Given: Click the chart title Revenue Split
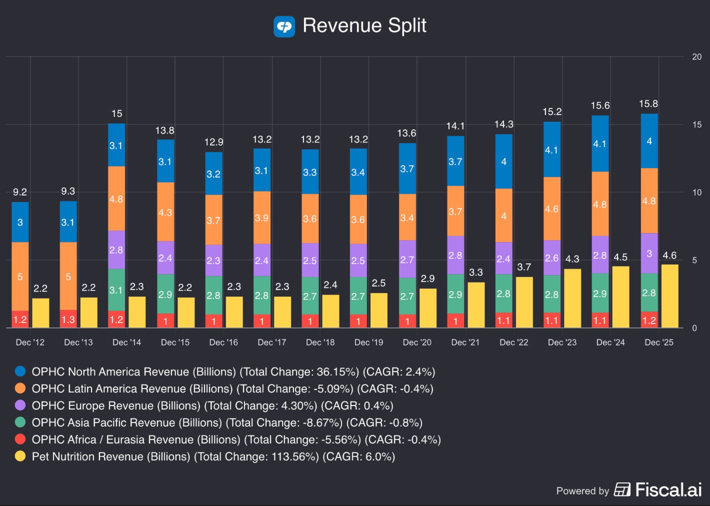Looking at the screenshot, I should [364, 25].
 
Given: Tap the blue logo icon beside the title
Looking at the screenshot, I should [284, 26].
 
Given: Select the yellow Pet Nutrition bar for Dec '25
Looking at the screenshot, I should [669, 296].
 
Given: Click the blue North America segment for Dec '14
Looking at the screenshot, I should [116, 145].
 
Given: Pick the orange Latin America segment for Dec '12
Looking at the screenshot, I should [20, 276].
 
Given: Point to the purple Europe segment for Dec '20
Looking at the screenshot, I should [407, 259].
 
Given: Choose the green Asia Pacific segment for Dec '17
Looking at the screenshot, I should [261, 295].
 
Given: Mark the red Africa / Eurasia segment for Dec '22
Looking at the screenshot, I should [503, 320].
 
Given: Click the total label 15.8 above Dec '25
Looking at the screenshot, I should [648, 103].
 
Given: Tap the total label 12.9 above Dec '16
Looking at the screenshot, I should [213, 142].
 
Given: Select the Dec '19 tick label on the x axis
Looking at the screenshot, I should [368, 342].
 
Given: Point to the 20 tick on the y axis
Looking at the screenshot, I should [696, 57].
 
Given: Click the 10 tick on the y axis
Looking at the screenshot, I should [696, 192].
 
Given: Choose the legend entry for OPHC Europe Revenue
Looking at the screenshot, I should [212, 405].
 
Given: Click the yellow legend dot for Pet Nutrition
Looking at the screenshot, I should [20, 456].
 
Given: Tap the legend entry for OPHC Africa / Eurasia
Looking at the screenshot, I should [236, 439].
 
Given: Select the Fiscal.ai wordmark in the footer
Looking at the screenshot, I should [668, 489].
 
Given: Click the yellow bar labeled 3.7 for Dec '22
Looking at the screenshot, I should [524, 302].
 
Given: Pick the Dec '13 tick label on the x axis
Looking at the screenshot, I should [78, 342].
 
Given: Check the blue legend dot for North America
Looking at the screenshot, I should [20, 371].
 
